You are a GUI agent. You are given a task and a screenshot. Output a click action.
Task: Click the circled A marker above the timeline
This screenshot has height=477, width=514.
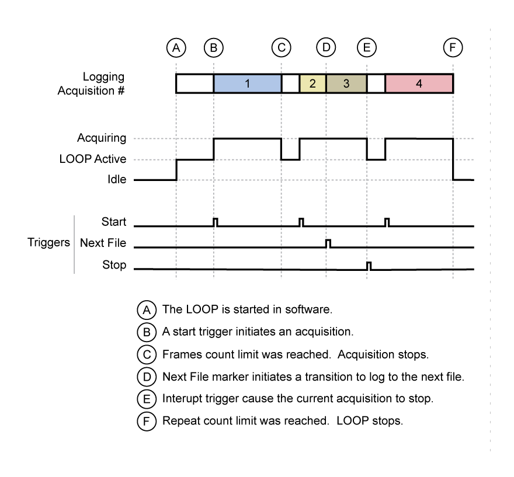click(176, 48)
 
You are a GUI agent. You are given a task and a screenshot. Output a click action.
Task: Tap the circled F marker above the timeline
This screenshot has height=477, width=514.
click(453, 48)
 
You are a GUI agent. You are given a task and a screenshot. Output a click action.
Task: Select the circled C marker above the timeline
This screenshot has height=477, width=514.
click(282, 48)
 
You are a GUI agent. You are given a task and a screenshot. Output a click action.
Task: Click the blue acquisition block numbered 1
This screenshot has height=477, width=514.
click(247, 83)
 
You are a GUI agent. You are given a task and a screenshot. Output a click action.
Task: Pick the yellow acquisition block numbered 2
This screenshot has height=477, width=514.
click(312, 83)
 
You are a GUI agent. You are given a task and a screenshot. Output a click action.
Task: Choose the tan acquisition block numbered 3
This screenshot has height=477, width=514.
click(346, 83)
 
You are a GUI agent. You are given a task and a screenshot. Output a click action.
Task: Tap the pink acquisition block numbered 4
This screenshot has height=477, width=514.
click(419, 83)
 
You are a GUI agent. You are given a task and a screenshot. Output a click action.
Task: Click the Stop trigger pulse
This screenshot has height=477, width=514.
click(369, 266)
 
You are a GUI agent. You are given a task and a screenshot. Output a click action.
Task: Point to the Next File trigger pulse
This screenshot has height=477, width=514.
click(328, 243)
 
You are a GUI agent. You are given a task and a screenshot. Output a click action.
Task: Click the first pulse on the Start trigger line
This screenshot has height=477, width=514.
click(216, 222)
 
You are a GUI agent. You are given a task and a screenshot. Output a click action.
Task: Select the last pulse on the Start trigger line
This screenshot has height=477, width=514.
click(387, 222)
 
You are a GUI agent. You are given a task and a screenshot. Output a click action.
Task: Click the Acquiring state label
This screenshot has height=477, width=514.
click(102, 138)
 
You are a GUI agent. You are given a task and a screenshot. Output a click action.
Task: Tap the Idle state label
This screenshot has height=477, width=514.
click(116, 180)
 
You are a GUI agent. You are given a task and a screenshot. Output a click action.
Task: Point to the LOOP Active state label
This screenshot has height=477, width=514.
click(93, 159)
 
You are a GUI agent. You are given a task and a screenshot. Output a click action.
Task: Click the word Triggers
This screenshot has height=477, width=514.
click(48, 243)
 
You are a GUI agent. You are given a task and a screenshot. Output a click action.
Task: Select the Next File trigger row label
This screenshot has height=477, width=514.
click(103, 243)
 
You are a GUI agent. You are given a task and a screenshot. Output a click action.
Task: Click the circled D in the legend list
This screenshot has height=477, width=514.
click(146, 377)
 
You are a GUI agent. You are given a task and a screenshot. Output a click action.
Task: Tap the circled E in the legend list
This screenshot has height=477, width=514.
click(146, 399)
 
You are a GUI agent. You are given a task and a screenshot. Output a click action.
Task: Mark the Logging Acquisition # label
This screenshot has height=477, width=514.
click(92, 83)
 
